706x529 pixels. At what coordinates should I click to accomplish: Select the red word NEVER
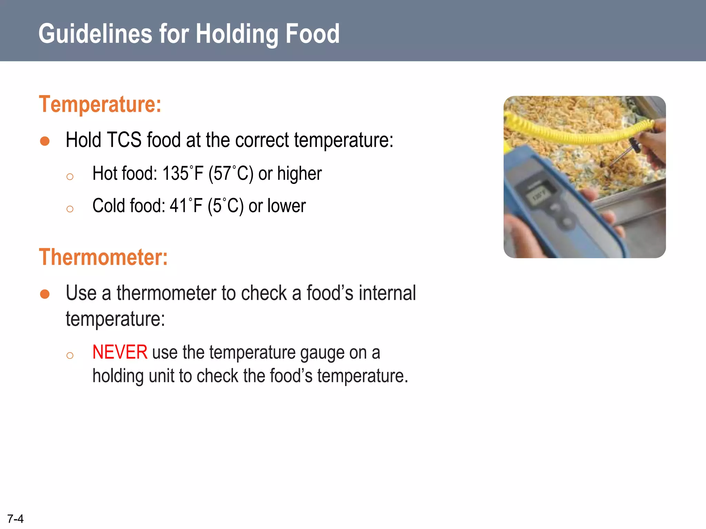click(120, 352)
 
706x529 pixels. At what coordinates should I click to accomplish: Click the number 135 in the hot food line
click(175, 173)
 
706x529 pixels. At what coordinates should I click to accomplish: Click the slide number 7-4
click(16, 519)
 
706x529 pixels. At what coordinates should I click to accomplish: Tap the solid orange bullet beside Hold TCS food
click(45, 141)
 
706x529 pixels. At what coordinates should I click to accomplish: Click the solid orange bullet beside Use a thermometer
click(45, 294)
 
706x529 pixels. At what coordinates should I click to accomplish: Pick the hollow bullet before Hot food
click(70, 177)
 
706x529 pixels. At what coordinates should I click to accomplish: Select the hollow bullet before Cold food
click(70, 209)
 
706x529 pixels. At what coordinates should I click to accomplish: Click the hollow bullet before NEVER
click(70, 355)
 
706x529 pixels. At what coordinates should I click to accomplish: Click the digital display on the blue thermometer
click(539, 196)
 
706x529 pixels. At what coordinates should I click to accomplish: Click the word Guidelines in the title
click(95, 34)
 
